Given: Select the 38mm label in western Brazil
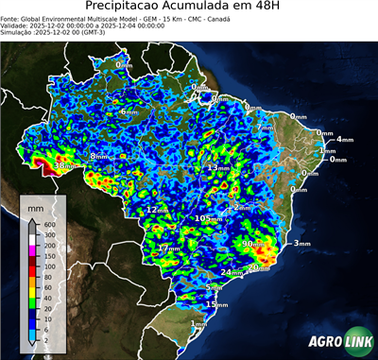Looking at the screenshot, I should (x=63, y=166).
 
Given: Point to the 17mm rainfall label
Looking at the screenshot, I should (x=168, y=249).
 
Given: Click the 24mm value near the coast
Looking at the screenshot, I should (x=232, y=272).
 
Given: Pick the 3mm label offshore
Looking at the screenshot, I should (x=302, y=244).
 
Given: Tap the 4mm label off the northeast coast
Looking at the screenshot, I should (x=344, y=140).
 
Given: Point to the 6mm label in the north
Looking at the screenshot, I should (x=127, y=111).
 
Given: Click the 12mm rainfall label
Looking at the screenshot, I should (x=157, y=210).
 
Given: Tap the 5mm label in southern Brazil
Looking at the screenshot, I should (x=214, y=287).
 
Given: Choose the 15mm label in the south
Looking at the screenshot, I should (x=217, y=304).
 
